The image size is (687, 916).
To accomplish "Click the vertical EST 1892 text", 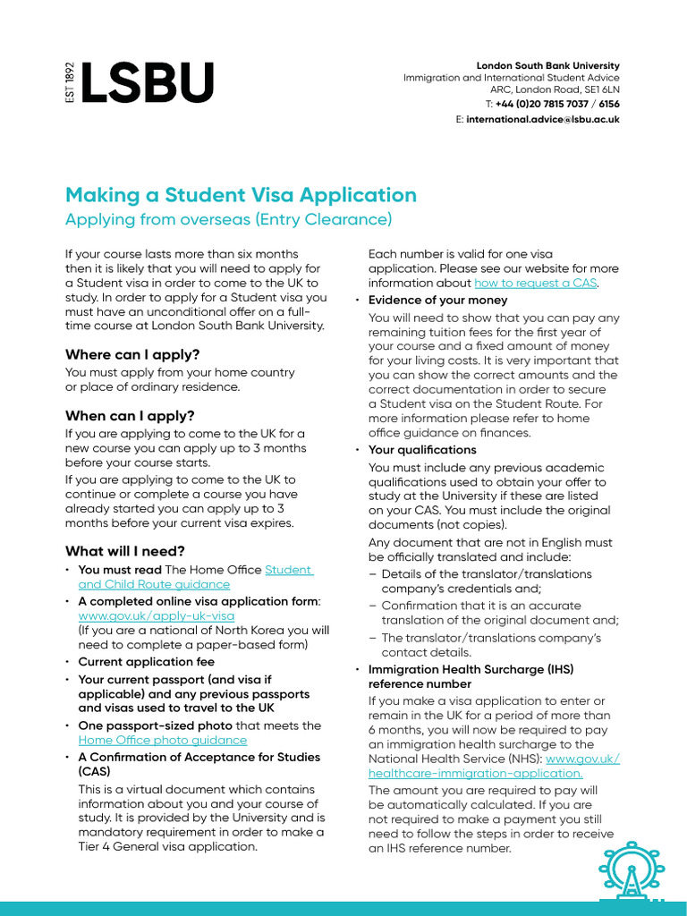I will [71, 83].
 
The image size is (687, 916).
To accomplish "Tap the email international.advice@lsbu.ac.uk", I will [542, 119].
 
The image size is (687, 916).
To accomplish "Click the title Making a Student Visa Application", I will [241, 195].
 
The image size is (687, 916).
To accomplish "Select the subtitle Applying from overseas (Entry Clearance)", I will [228, 219].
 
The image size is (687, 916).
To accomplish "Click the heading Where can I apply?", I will [132, 354].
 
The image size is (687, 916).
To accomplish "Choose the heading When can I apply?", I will [130, 416].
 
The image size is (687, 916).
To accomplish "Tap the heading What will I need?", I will [124, 551].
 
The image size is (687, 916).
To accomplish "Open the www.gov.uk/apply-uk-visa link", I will [157, 615].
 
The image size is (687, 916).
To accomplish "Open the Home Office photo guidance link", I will [163, 740].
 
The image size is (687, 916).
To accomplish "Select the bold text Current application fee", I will [147, 662].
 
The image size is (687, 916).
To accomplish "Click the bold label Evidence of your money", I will [437, 300].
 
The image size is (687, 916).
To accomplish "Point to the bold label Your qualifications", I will [422, 450].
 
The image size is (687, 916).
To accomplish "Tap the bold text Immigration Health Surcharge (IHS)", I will [471, 669].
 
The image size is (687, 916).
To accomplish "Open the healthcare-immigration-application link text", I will [475, 773].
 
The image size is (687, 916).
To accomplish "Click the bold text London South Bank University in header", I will [547, 66].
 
